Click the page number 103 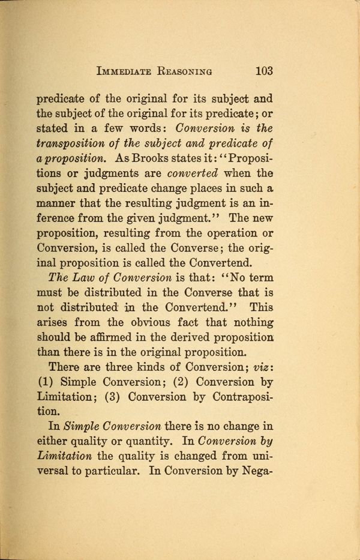[x=264, y=71]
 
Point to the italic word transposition [x=76, y=143]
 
